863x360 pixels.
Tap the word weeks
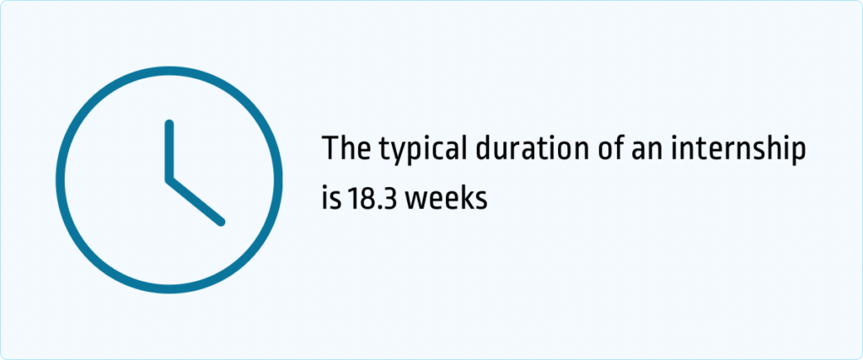[446, 199]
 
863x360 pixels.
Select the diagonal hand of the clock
[196, 201]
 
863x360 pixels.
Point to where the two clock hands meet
[169, 179]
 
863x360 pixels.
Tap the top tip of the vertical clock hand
[169, 125]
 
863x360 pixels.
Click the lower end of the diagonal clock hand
[221, 222]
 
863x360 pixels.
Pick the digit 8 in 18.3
[367, 199]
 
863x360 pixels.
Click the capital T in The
[332, 150]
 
